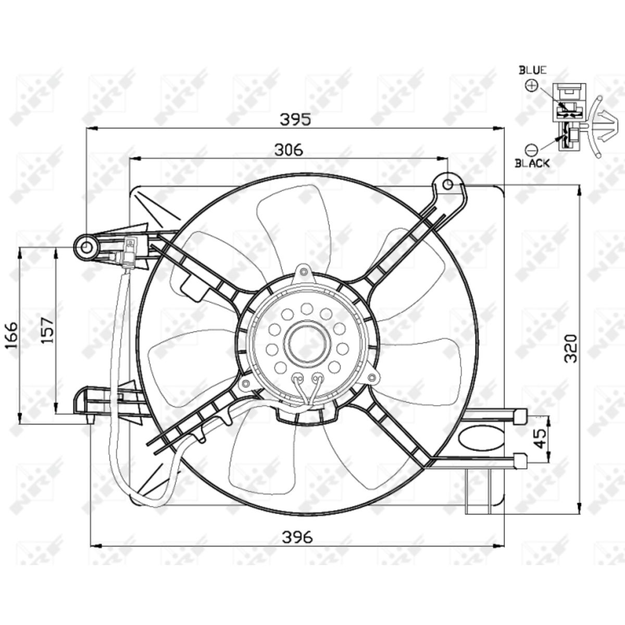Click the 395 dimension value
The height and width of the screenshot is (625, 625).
click(x=295, y=119)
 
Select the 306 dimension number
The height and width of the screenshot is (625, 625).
click(x=289, y=149)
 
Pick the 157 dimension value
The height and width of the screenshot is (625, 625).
click(x=47, y=331)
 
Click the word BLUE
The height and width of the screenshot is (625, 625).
click(x=533, y=70)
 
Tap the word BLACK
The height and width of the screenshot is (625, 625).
click(x=532, y=163)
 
